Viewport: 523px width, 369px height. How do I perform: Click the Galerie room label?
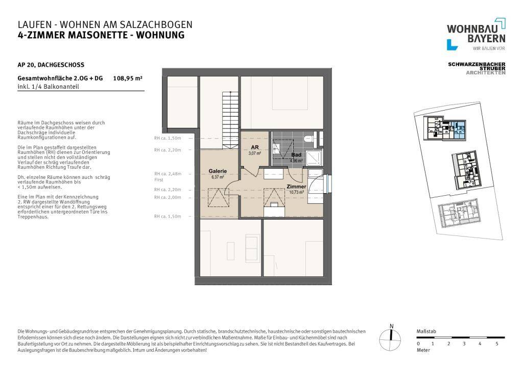click(218, 171)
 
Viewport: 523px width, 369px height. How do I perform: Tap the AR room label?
click(255, 147)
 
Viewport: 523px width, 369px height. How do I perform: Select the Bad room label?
click(296, 154)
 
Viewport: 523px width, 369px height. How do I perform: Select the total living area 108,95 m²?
click(127, 78)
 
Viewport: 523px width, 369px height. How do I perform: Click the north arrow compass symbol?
click(391, 335)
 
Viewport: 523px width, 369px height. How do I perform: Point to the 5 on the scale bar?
click(497, 344)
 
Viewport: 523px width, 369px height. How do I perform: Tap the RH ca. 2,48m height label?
click(168, 174)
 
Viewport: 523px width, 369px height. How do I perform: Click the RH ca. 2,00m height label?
click(168, 197)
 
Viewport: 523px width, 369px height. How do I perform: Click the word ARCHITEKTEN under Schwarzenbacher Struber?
click(485, 73)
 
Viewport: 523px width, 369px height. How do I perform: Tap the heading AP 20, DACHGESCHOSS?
click(51, 65)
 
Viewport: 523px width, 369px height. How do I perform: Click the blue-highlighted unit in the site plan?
click(456, 130)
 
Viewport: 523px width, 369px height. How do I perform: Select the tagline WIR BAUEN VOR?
click(489, 48)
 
